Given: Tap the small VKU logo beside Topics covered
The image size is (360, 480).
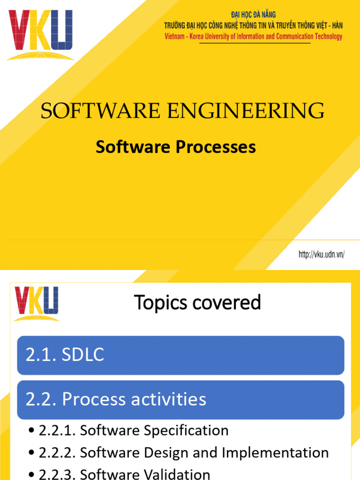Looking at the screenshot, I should [x=37, y=303].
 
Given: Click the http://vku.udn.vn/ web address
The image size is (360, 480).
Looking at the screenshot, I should [x=322, y=255].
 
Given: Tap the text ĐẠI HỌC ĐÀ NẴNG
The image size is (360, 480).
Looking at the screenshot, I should [x=254, y=15].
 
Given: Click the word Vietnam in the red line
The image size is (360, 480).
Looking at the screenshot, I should [x=174, y=37].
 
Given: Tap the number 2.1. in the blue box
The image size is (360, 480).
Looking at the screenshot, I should [x=41, y=355].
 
